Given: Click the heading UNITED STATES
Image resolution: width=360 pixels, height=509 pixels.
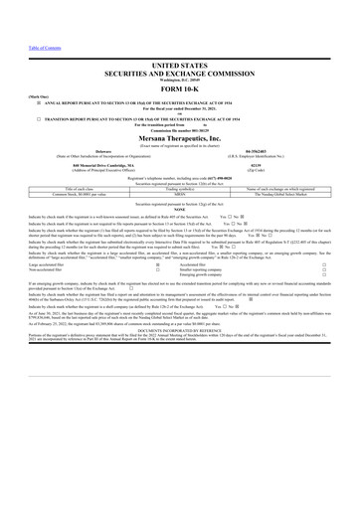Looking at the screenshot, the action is click(x=179, y=63).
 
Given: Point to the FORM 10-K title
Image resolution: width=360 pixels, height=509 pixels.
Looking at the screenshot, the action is click(x=179, y=86).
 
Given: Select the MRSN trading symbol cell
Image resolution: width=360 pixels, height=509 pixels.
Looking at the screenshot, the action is click(x=180, y=193).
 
